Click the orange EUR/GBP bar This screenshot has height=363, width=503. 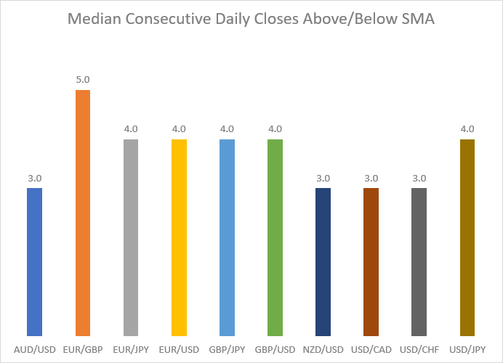pyautogui.click(x=83, y=213)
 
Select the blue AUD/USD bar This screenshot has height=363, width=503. pyautogui.click(x=35, y=262)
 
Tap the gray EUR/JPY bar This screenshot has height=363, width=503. pyautogui.click(x=131, y=237)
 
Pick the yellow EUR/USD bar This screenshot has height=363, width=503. pyautogui.click(x=179, y=237)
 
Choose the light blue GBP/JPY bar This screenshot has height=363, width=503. pyautogui.click(x=227, y=237)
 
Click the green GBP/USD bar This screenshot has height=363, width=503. pyautogui.click(x=275, y=237)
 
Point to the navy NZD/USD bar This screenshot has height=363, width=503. pyautogui.click(x=323, y=262)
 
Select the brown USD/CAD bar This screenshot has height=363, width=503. pyautogui.click(x=371, y=262)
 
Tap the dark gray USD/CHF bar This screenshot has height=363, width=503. pyautogui.click(x=419, y=262)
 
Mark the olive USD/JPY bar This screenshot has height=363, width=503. pyautogui.click(x=467, y=237)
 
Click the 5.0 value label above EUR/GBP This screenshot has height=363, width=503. pyautogui.click(x=83, y=79)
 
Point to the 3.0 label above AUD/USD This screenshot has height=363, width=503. pyautogui.click(x=35, y=178)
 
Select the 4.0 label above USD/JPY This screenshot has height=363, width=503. pyautogui.click(x=467, y=129)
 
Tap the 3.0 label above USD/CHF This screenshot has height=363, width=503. pyautogui.click(x=419, y=178)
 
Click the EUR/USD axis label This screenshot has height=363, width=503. pyautogui.click(x=179, y=349)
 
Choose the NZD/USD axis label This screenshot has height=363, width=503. pyautogui.click(x=323, y=349)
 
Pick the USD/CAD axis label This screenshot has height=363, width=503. pyautogui.click(x=371, y=349)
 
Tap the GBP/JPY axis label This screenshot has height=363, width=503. pyautogui.click(x=227, y=349)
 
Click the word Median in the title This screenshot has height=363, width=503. pyautogui.click(x=94, y=19)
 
